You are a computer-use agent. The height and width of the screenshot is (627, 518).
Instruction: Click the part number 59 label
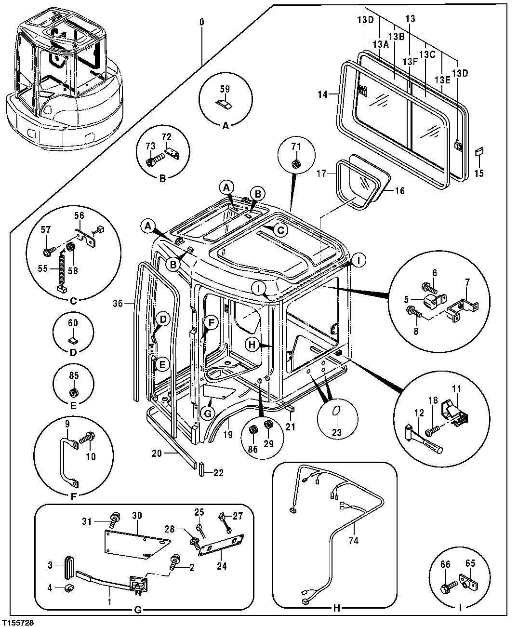click(x=225, y=89)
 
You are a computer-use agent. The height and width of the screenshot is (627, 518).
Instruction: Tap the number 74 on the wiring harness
click(x=353, y=541)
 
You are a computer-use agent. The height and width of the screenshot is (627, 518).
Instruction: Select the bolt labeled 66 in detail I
click(x=445, y=588)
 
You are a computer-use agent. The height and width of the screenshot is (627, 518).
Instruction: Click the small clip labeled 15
click(x=479, y=152)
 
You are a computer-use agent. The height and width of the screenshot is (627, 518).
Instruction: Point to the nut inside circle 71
click(x=296, y=165)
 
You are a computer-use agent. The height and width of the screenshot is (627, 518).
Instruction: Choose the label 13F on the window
click(x=410, y=62)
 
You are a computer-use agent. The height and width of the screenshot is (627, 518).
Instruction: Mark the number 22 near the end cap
click(x=219, y=473)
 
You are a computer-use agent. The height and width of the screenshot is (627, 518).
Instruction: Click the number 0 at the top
click(x=202, y=23)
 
